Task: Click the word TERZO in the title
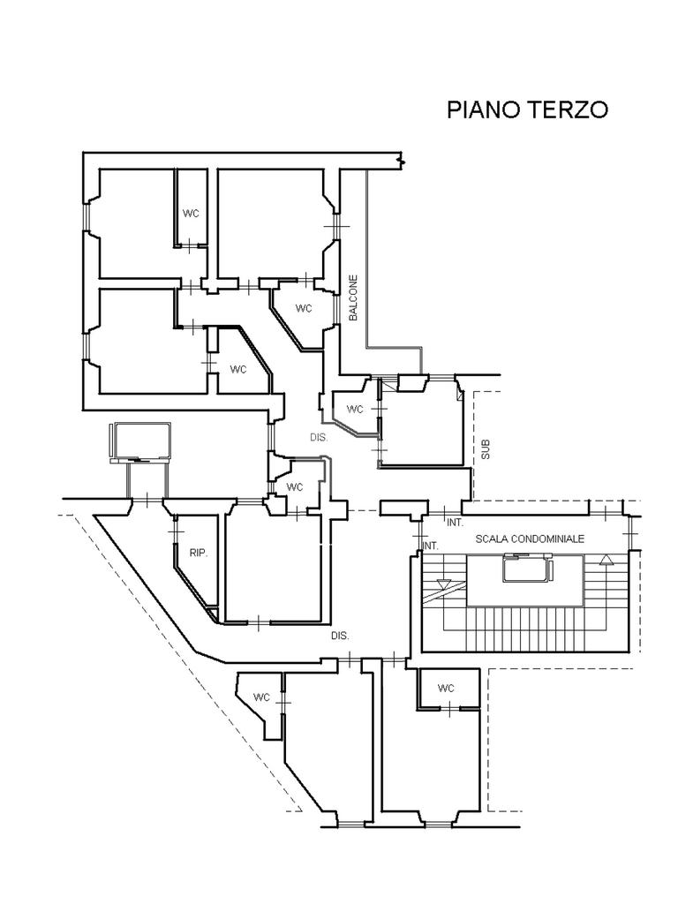coord(569,109)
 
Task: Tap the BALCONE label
coord(353,298)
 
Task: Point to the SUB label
coord(486,450)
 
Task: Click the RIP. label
coord(199,554)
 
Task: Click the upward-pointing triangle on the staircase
coord(605,559)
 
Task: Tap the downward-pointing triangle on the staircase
coord(444,583)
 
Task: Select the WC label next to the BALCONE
coord(304,309)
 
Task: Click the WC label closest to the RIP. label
coord(295,487)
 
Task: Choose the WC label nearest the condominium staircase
coord(446,689)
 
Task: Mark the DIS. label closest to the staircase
coord(340,636)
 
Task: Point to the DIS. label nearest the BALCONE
coord(319,438)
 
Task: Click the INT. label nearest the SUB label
coord(455,523)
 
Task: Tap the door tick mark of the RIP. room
coord(177,532)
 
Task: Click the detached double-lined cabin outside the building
coord(140,442)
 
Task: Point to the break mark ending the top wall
coord(402,161)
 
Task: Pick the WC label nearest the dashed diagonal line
coord(261,697)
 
